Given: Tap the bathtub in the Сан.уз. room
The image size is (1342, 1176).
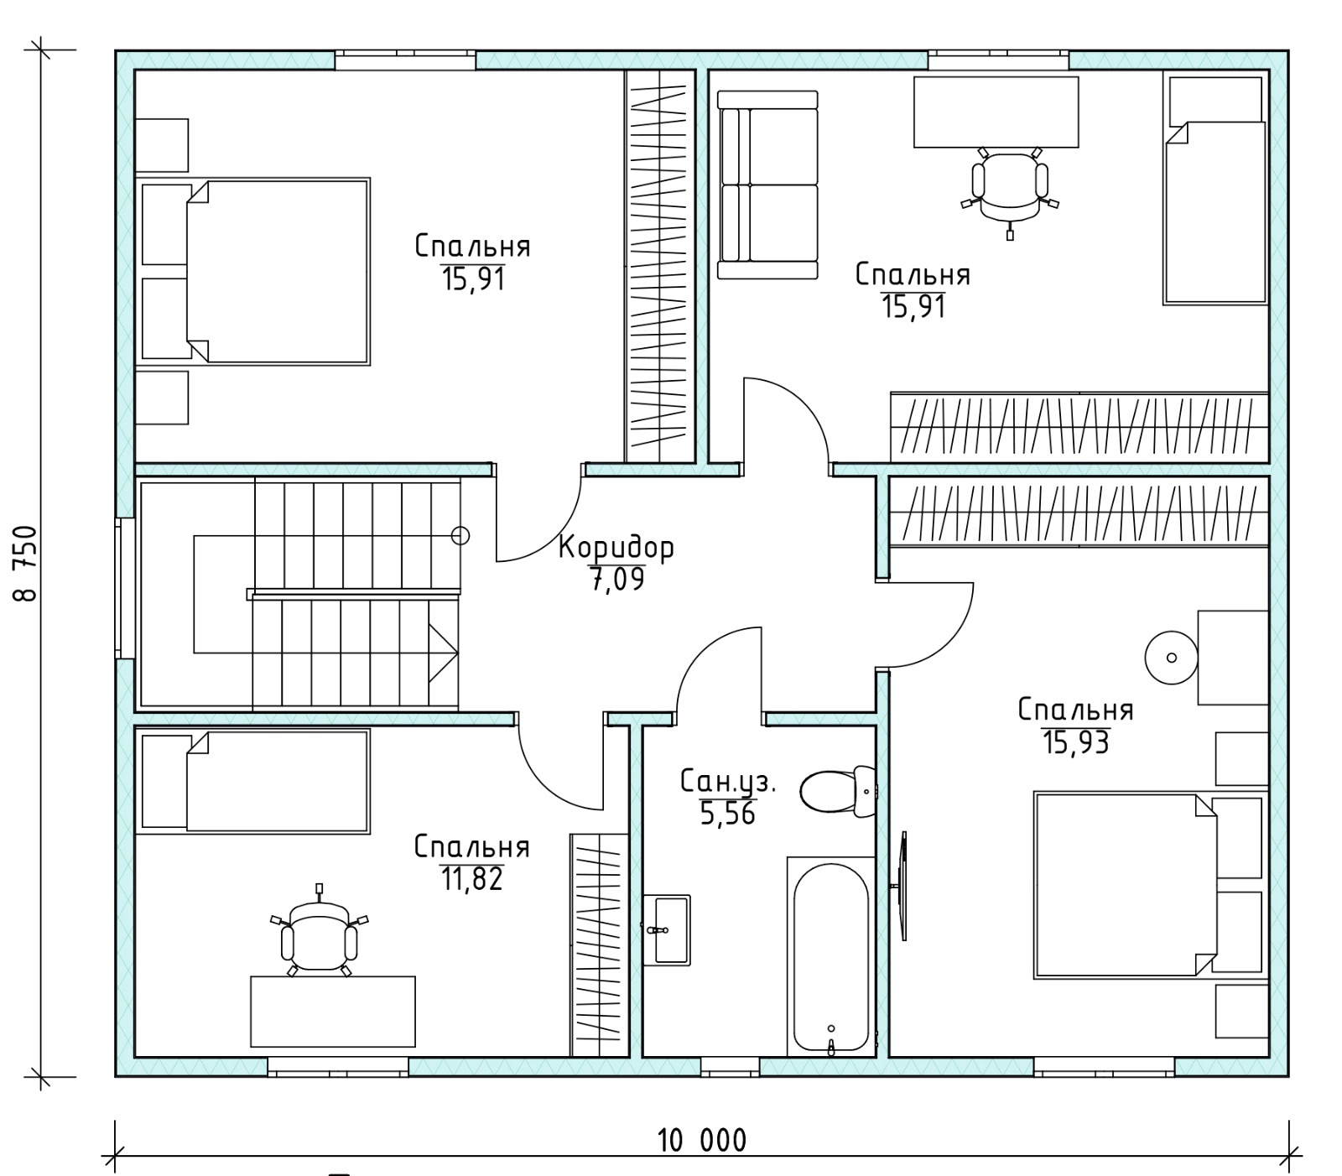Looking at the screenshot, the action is [830, 957].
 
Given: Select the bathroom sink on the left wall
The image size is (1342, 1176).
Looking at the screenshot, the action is [667, 930].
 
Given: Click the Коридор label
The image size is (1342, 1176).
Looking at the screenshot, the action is [616, 548].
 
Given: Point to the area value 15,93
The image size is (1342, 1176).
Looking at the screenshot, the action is [1076, 742].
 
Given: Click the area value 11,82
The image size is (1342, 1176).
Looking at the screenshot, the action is [471, 879].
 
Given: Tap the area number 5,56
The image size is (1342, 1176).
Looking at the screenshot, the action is [728, 814].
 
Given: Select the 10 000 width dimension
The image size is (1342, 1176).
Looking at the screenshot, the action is [701, 1141].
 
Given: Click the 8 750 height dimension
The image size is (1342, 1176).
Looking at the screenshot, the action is [25, 564].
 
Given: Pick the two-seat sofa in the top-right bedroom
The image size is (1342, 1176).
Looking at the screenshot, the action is [767, 185].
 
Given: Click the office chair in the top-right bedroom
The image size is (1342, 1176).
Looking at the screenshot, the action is [1010, 189].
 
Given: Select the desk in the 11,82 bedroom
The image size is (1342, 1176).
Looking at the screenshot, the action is [333, 1011].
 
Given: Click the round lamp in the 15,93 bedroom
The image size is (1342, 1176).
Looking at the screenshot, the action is [1172, 658].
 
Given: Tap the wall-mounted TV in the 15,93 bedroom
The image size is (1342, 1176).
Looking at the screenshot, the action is [902, 886].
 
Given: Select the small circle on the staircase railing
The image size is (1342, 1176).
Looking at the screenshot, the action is [460, 535].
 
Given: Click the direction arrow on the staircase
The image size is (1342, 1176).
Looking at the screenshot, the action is [443, 652].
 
